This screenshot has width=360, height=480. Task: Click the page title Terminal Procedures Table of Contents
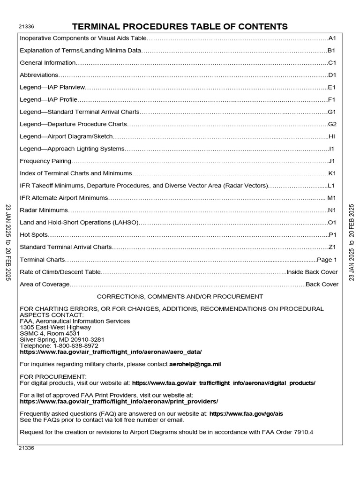tap(180, 26)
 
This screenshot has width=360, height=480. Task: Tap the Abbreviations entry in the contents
tap(39, 75)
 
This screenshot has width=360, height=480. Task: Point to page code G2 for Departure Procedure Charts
tap(333, 124)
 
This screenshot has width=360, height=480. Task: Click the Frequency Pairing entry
tap(45, 161)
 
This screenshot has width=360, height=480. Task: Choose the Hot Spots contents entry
tap(34, 235)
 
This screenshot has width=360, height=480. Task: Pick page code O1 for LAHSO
tap(333, 223)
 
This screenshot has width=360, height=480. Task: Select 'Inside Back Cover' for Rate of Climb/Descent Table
tap(313, 272)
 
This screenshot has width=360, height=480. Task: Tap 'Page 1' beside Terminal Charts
tap(327, 260)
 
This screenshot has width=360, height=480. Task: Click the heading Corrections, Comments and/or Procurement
tap(180, 297)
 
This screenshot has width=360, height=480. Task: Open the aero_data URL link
tap(111, 352)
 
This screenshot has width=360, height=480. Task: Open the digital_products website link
tap(224, 383)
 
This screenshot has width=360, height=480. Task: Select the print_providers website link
tap(119, 402)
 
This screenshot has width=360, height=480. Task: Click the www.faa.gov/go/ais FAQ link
tap(246, 414)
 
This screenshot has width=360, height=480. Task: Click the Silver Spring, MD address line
tap(62, 339)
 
